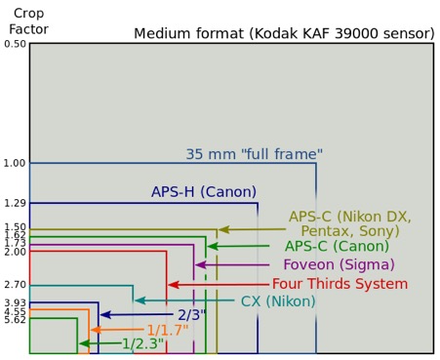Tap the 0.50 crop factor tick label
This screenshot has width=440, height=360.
click(x=15, y=45)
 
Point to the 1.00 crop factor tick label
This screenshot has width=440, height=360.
click(x=15, y=163)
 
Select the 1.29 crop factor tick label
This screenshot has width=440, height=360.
click(x=15, y=203)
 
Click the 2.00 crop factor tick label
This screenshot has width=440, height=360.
click(x=15, y=252)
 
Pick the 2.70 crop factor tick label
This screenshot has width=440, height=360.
click(x=15, y=285)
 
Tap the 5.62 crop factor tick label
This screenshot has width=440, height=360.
click(x=15, y=319)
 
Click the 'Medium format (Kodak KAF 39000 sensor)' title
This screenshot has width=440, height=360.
click(x=284, y=33)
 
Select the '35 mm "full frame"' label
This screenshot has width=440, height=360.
click(x=254, y=153)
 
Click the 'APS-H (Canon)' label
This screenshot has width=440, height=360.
click(x=203, y=192)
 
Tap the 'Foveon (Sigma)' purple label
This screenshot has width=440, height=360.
click(x=339, y=264)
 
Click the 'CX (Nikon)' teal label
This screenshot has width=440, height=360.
click(x=278, y=301)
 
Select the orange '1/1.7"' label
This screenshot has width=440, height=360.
click(x=168, y=330)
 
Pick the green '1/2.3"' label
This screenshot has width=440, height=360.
click(x=141, y=343)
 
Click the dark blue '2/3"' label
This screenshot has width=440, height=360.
click(x=189, y=315)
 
